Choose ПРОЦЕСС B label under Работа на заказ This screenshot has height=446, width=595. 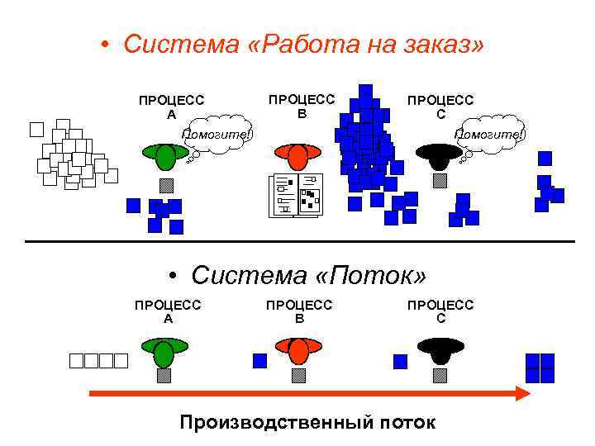[302, 105]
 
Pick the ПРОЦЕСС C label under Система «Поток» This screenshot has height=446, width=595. [440, 311]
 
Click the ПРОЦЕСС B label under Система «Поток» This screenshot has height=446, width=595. [299, 311]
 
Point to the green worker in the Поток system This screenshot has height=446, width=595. [164, 351]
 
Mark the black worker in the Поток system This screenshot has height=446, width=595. [440, 350]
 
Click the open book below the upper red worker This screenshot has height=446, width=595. [295, 196]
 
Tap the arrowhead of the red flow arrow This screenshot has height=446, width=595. [521, 393]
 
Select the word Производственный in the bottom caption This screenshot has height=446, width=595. [276, 423]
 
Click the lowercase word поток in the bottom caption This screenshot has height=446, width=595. [405, 423]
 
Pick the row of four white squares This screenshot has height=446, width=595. [98, 360]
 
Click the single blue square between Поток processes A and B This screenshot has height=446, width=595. [259, 360]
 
